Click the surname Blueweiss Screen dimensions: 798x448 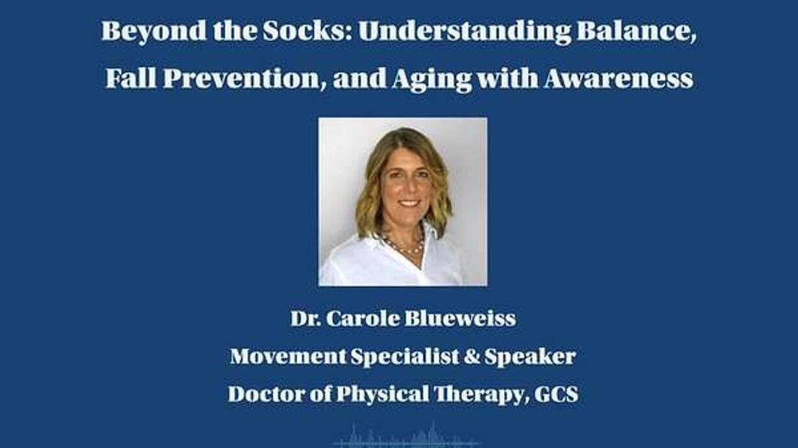pos(460,318)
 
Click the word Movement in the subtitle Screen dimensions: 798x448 pos(287,357)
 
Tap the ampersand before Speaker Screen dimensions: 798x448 pos(471,357)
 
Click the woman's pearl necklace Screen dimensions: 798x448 pos(406,246)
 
